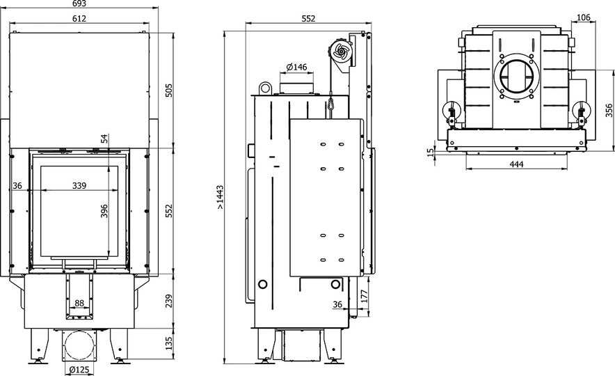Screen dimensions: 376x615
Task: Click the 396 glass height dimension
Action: pos(105,211)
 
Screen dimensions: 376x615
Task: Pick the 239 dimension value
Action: pos(168,300)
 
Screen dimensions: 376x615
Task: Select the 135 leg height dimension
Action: pos(168,343)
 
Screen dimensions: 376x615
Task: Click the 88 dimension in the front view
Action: pos(79,303)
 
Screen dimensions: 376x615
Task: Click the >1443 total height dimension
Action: pos(219,197)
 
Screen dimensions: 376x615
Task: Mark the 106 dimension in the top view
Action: pos(584,17)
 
